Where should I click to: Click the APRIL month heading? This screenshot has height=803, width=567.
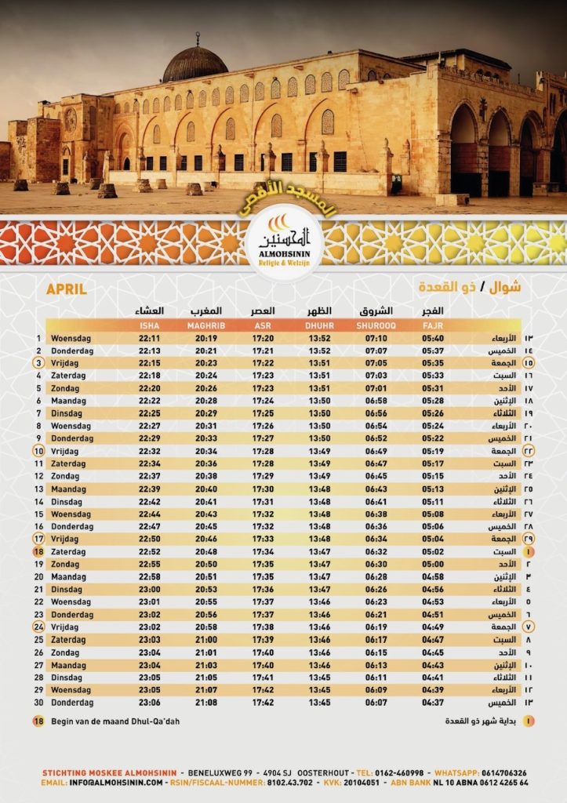(66, 289)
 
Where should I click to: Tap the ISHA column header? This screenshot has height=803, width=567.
(149, 325)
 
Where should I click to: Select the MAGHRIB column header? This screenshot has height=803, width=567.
(206, 325)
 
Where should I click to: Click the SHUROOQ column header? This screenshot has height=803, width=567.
(375, 325)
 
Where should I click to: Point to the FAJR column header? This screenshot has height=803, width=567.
(432, 325)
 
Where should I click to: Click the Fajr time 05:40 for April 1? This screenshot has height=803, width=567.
(432, 339)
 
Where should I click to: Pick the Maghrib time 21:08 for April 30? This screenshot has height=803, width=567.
(206, 703)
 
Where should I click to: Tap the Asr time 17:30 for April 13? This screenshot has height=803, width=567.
(264, 489)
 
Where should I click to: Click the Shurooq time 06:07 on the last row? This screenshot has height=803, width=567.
(376, 703)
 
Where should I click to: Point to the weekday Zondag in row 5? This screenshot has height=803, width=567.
(66, 389)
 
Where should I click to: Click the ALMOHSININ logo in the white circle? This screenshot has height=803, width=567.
(284, 240)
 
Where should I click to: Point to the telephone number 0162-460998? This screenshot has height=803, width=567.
(405, 772)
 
